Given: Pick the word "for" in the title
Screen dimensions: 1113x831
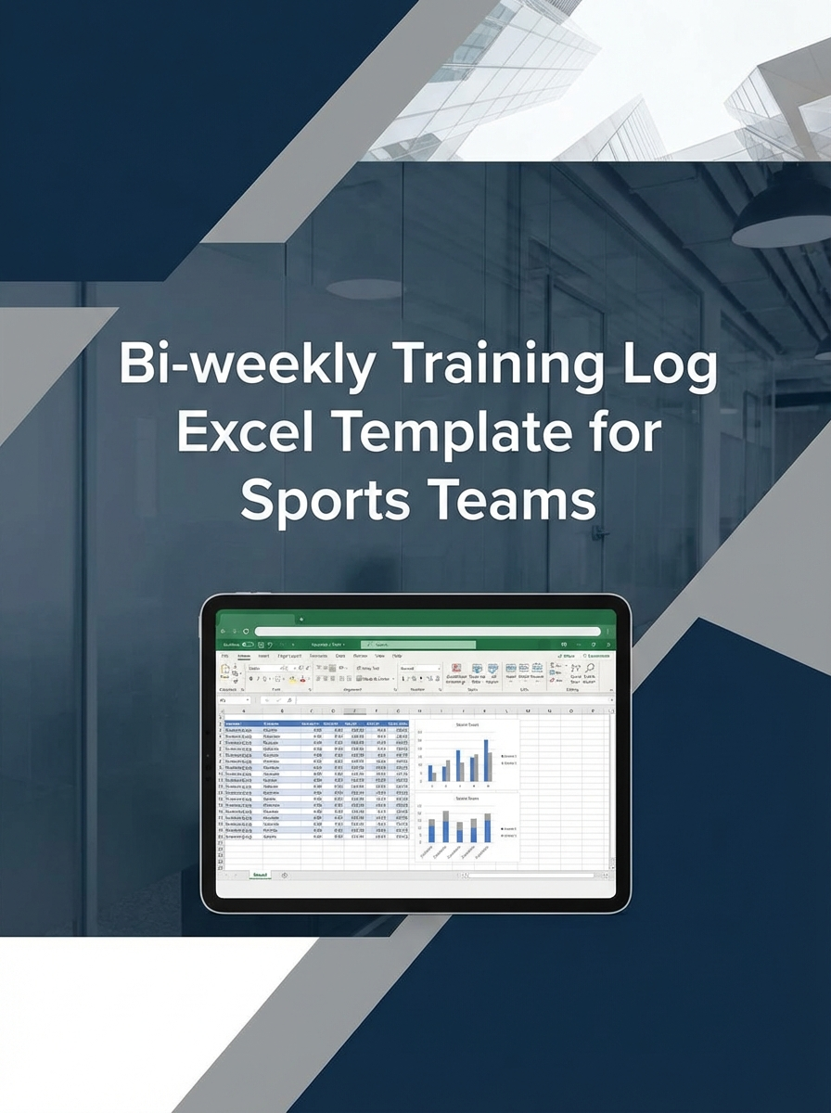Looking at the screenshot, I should point(626,433).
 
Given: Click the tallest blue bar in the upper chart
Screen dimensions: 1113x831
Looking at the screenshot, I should point(485,760).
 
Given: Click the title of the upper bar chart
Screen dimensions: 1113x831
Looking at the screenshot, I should point(467,725).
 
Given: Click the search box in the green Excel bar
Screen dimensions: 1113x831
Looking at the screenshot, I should point(417,644).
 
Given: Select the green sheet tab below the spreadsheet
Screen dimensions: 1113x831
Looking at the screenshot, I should point(261,875).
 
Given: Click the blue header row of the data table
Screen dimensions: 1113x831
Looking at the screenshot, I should point(315,723).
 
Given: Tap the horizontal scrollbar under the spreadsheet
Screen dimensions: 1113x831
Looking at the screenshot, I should point(529,875).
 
